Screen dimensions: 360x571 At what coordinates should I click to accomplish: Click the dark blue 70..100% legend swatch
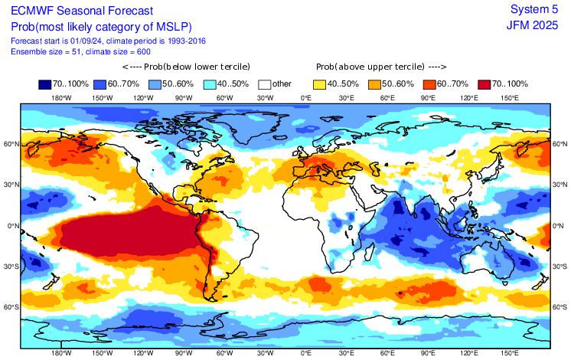coord(46,84)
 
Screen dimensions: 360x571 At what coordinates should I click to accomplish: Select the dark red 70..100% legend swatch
coord(484,84)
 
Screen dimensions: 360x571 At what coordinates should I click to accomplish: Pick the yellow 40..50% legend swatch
coord(318,84)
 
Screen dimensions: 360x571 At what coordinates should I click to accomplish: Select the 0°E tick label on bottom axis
coord(306,353)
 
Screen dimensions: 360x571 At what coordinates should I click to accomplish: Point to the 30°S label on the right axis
coord(560,266)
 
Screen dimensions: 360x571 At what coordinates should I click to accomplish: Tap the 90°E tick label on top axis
coord(428,98)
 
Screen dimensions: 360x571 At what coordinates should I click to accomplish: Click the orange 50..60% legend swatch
coord(374,84)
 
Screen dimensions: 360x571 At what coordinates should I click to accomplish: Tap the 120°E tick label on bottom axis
coord(469,353)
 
